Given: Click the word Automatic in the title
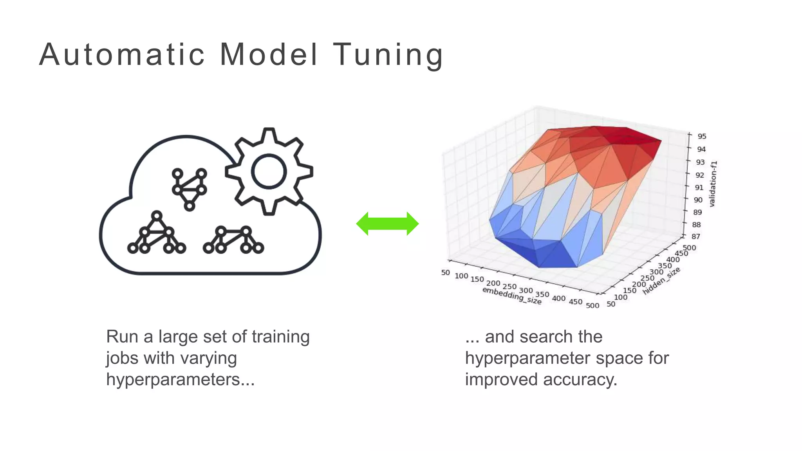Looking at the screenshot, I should (122, 55).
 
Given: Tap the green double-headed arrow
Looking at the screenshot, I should (387, 224).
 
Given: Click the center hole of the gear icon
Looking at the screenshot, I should (269, 171).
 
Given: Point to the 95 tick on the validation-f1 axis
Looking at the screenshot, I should (701, 136).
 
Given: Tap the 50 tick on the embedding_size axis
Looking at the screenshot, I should (446, 272).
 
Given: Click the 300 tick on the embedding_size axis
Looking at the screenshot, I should (526, 290).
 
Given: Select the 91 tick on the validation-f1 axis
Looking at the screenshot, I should (699, 188).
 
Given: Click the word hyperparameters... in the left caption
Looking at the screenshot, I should (180, 379).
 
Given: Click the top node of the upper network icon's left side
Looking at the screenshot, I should (177, 173).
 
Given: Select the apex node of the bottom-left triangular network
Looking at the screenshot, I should (157, 216).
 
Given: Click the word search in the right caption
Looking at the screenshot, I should (544, 337).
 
